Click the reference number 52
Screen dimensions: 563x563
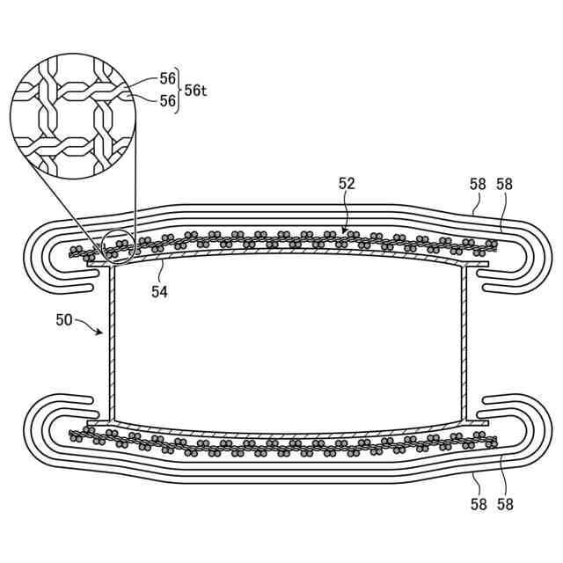pyautogui.click(x=347, y=183)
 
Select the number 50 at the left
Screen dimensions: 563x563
pyautogui.click(x=64, y=320)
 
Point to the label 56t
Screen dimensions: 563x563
pyautogui.click(x=195, y=90)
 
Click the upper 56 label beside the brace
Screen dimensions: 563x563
pyautogui.click(x=167, y=79)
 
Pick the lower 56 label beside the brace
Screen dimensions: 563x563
pyautogui.click(x=167, y=100)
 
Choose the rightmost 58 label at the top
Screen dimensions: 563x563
pyautogui.click(x=505, y=184)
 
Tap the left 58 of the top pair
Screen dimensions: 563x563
pyautogui.click(x=478, y=184)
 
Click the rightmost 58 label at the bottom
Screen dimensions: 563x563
pyautogui.click(x=505, y=504)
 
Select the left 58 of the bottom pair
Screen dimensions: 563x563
pyautogui.click(x=478, y=504)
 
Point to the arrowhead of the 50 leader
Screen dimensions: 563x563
pyautogui.click(x=103, y=334)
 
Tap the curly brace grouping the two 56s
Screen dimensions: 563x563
pyautogui.click(x=179, y=90)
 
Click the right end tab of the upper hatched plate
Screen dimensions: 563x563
pyautogui.click(x=476, y=261)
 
